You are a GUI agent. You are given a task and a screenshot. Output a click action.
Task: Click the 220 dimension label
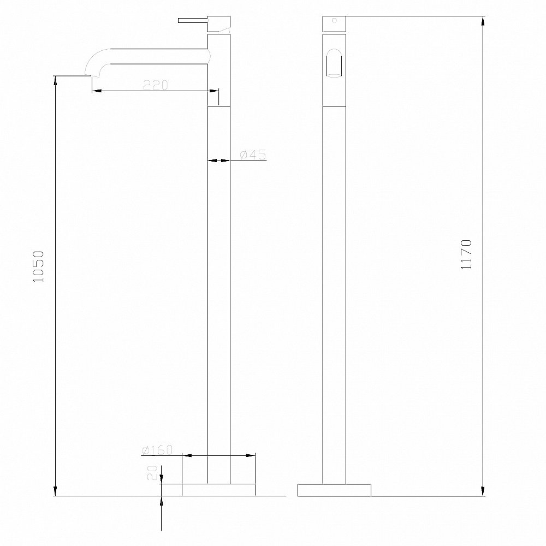click(x=155, y=85)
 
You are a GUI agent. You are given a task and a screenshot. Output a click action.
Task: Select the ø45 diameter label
click(x=253, y=155)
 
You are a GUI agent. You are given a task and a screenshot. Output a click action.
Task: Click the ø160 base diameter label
click(x=157, y=450)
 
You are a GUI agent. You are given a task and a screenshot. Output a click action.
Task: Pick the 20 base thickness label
click(x=153, y=472)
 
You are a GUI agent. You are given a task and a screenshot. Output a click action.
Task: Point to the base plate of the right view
click(x=334, y=490)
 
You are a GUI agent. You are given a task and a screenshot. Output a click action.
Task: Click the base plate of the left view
click(x=218, y=490)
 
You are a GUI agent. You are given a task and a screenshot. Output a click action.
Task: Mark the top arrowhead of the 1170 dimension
click(x=483, y=22)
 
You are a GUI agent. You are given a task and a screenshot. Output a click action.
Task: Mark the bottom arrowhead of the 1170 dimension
click(x=483, y=491)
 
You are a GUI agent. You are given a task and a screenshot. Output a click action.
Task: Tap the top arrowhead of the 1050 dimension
click(x=55, y=81)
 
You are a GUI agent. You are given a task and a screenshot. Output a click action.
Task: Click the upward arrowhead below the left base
click(x=162, y=501)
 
